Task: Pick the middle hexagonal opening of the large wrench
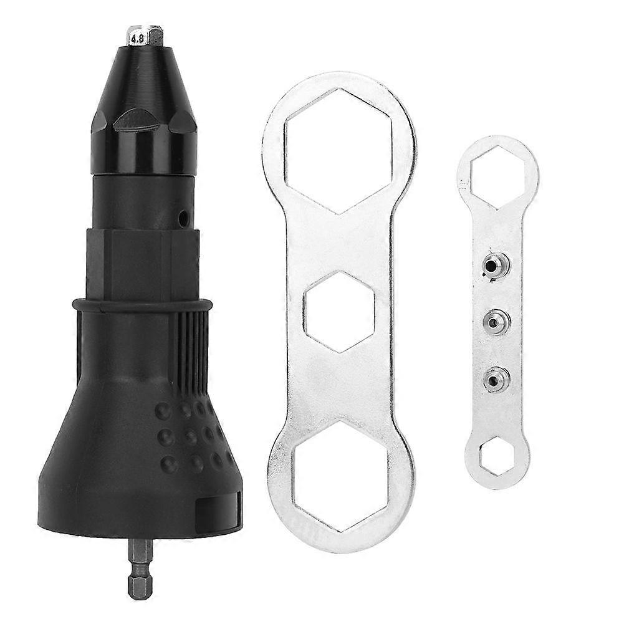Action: (x=339, y=311)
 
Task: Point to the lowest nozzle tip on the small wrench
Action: (x=496, y=378)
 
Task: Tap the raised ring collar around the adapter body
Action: (x=142, y=305)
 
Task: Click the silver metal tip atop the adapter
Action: (x=145, y=36)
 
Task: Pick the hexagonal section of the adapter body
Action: (x=142, y=262)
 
